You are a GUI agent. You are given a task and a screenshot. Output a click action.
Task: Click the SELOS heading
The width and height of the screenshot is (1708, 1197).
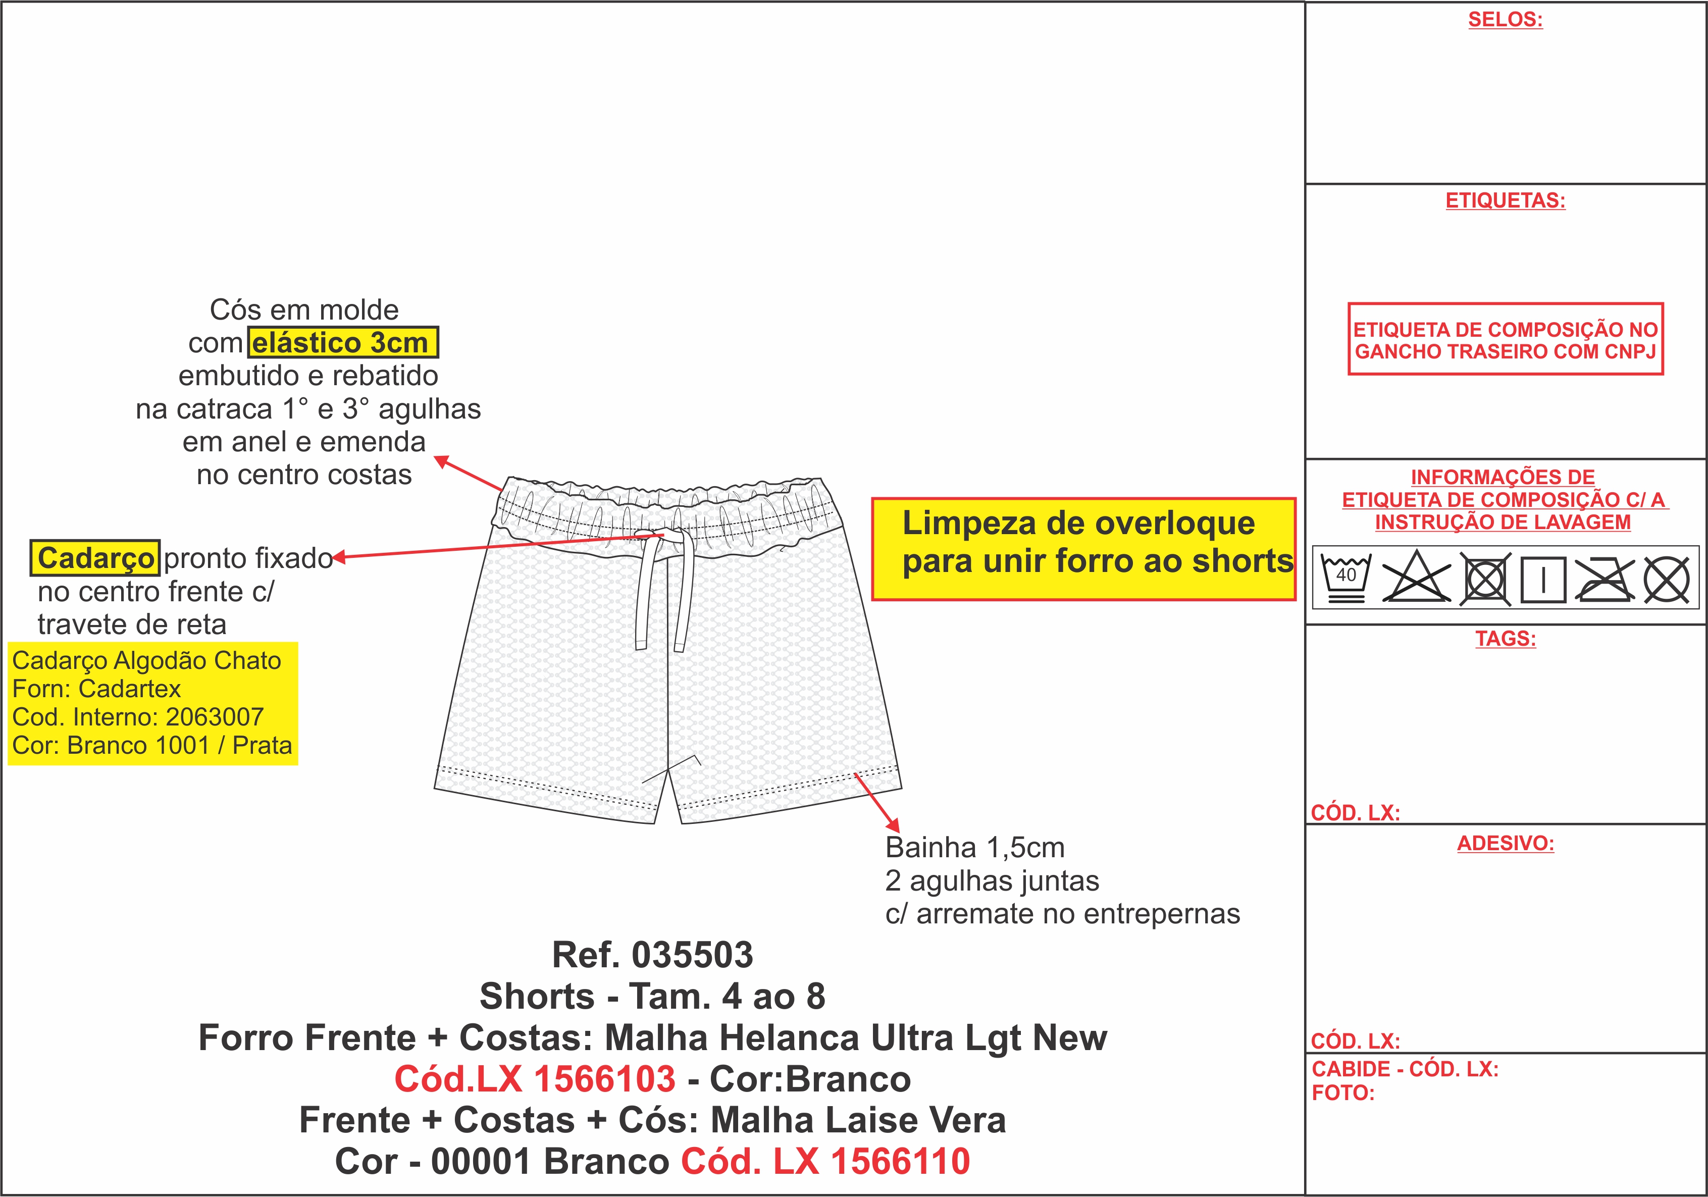tap(1505, 19)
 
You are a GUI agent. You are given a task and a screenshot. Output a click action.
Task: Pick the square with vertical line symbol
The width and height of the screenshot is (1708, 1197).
tap(1543, 579)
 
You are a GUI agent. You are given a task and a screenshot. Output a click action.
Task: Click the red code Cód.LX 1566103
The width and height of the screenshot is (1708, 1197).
tap(535, 1079)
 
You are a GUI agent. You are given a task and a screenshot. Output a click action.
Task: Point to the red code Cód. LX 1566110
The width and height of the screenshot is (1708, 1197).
tap(826, 1161)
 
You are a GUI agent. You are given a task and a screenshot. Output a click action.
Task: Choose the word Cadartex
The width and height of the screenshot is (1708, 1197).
tap(129, 689)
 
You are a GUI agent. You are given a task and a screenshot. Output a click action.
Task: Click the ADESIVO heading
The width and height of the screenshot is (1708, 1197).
tap(1505, 843)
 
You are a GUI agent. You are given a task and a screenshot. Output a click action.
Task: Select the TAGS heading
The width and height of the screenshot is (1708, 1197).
tap(1506, 638)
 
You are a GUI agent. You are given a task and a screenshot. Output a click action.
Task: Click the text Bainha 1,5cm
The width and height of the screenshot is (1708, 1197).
tap(974, 847)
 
